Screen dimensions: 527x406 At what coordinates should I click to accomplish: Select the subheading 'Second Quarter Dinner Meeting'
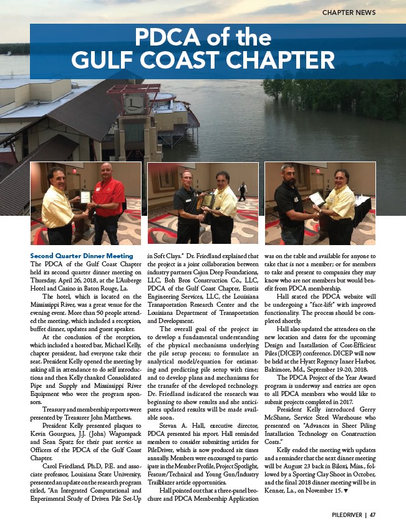pos(82,256)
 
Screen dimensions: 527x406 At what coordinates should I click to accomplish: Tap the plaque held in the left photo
pos(85,197)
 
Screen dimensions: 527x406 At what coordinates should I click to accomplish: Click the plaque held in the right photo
pos(317,198)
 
